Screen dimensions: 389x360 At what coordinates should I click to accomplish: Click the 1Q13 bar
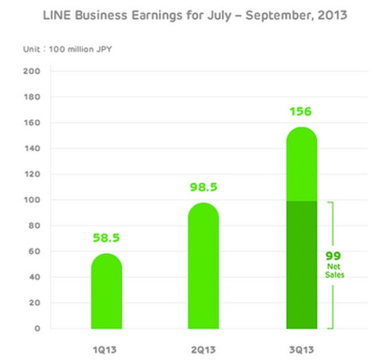(107, 291)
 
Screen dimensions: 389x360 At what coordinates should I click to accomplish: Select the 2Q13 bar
(203, 266)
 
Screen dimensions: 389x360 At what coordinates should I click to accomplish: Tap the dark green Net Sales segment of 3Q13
(301, 265)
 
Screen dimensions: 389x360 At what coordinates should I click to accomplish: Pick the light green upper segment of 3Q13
(301, 164)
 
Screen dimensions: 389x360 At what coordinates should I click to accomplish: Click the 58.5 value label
(106, 238)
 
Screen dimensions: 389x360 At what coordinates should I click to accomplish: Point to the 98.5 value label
(203, 187)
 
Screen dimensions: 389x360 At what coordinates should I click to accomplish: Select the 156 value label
(301, 112)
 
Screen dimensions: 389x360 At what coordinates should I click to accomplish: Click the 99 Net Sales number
(333, 256)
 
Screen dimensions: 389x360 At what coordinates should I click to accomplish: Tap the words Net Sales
(334, 271)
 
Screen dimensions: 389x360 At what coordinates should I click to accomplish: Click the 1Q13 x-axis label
(105, 350)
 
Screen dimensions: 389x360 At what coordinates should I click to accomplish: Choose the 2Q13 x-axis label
(203, 350)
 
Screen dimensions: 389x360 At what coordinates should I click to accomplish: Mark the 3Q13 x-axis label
(301, 350)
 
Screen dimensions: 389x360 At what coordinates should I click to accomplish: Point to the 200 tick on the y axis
(32, 71)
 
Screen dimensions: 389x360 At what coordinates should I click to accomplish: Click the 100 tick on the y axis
(32, 200)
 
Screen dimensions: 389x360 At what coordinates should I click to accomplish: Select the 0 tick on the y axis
(37, 328)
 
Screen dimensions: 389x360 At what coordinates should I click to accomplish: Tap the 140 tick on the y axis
(32, 148)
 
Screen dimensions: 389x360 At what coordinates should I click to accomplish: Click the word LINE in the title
(57, 15)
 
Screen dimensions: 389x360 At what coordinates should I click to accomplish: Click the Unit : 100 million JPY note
(67, 49)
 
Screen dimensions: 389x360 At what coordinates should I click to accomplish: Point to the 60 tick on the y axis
(34, 251)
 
